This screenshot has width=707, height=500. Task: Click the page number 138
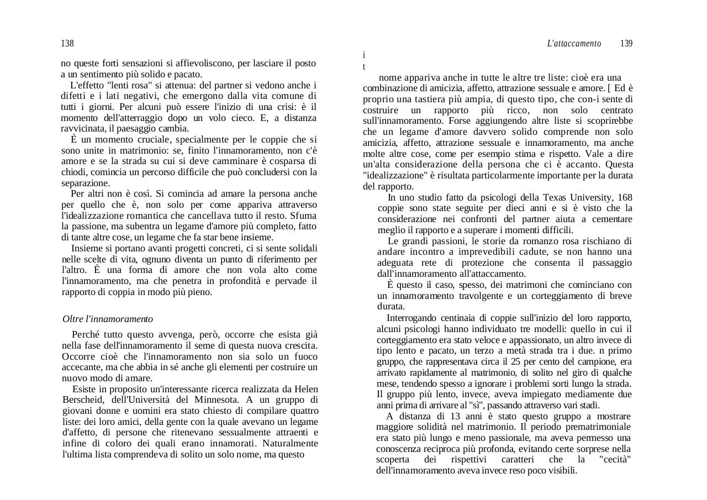(67, 44)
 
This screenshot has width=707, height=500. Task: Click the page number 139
(626, 44)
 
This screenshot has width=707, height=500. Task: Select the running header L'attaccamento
(574, 44)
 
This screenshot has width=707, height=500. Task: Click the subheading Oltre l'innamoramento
(108, 319)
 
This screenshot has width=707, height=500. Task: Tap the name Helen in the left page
(307, 389)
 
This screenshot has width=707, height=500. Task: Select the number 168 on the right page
(625, 198)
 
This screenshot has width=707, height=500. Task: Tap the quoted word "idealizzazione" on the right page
(395, 176)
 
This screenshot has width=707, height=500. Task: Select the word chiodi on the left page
(73, 172)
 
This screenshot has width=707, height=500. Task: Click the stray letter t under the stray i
(364, 67)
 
